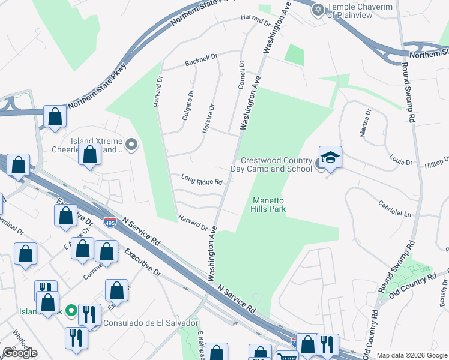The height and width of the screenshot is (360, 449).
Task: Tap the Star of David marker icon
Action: point(318,9)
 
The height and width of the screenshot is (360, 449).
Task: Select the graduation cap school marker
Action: point(330,158)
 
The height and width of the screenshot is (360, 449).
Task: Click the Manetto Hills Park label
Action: point(268,205)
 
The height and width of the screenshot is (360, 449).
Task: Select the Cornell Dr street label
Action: point(241,75)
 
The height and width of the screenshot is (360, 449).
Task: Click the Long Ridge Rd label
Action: point(202,179)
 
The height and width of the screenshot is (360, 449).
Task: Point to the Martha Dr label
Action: point(365,122)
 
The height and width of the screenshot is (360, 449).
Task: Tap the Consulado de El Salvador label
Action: point(151,323)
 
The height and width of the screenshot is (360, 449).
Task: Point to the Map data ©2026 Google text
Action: point(412,355)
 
